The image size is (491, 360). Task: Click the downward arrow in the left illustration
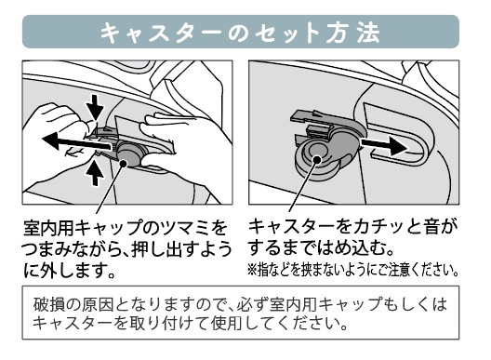coord(95,107)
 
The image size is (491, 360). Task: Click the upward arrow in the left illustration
coord(95,172)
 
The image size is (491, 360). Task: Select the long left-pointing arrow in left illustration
coord(76,142)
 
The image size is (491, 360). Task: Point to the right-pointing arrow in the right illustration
coord(384,146)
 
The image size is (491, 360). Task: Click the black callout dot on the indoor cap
coord(123,163)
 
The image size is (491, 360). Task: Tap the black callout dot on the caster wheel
coord(317,160)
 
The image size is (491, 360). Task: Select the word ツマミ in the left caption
coord(185,228)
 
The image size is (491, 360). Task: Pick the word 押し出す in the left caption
coord(163,249)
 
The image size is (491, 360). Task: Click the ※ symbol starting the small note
coord(252,270)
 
